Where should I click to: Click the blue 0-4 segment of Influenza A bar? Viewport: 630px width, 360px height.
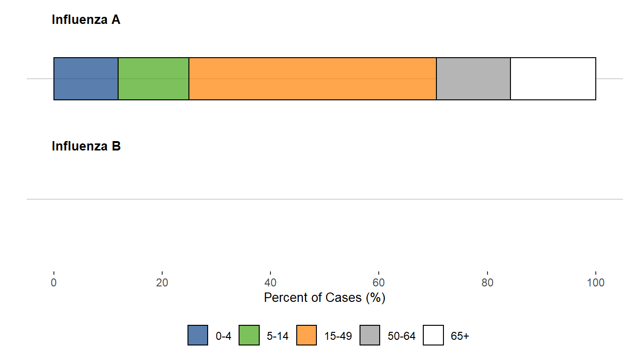(86, 79)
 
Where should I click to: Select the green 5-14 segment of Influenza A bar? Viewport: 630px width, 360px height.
(153, 79)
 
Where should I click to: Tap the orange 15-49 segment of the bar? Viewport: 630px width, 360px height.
(312, 79)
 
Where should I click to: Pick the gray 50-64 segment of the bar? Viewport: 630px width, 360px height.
(473, 79)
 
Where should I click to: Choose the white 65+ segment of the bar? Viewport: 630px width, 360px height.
(553, 79)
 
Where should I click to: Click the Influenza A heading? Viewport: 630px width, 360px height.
(86, 20)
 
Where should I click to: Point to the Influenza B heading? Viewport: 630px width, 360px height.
(86, 146)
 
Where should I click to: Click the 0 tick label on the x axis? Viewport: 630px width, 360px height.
(54, 283)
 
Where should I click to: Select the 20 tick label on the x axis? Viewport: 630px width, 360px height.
(162, 283)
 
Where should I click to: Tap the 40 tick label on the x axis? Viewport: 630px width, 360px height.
(270, 283)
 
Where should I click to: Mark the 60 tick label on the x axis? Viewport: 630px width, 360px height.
(379, 283)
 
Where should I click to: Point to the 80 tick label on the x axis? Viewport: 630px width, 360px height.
(487, 283)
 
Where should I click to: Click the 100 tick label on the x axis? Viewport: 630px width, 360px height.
(595, 283)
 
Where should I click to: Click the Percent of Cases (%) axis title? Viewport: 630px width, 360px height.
(324, 298)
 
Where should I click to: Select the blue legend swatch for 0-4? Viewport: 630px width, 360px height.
(198, 336)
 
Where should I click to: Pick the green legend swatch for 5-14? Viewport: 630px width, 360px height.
(249, 336)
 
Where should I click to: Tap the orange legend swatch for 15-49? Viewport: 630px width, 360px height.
(307, 336)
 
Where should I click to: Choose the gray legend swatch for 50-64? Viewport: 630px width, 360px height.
(370, 336)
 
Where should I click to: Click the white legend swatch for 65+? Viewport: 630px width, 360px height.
(434, 336)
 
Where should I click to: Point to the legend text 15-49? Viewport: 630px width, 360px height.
(338, 336)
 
